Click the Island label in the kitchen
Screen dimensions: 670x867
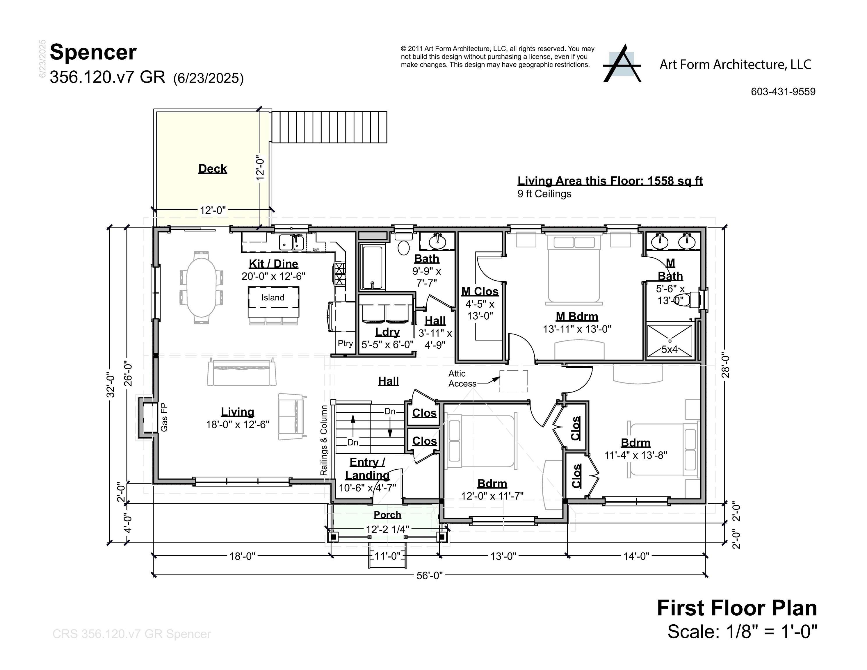(273, 298)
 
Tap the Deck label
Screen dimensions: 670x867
(212, 169)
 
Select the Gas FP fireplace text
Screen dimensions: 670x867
(164, 417)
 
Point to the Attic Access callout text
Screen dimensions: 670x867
(462, 379)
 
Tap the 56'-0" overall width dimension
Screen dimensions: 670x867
(429, 575)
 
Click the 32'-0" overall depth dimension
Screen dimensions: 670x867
(111, 386)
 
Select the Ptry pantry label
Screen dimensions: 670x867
(345, 343)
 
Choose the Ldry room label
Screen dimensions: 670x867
(387, 332)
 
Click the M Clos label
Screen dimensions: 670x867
(480, 291)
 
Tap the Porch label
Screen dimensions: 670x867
(387, 515)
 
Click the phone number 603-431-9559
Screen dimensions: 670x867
(783, 92)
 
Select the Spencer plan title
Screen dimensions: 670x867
(93, 52)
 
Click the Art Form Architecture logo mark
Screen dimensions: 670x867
(622, 64)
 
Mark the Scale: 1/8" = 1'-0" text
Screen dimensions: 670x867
(742, 632)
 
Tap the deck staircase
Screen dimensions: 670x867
(329, 127)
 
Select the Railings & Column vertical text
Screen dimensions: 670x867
(324, 440)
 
